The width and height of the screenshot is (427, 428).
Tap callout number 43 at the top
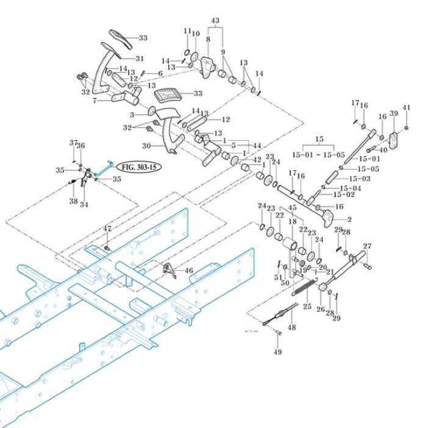pos(215,21)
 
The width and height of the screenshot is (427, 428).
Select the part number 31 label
pos(139,59)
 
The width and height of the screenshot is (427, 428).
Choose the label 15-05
pos(368,169)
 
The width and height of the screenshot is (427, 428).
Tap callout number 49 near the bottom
pos(278,352)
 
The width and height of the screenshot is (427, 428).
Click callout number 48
pos(292,327)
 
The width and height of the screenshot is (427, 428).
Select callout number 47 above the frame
pos(107,229)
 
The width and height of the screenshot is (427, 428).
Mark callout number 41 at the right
pos(406,107)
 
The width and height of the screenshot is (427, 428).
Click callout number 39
pos(393,114)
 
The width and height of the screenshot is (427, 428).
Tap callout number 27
pos(367,246)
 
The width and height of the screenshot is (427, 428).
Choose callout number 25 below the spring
pos(307,306)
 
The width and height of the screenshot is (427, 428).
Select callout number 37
pos(73,143)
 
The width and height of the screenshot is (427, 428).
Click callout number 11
pos(187,31)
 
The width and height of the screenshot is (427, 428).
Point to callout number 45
pos(292,208)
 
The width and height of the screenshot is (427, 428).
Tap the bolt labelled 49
pos(278,333)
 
